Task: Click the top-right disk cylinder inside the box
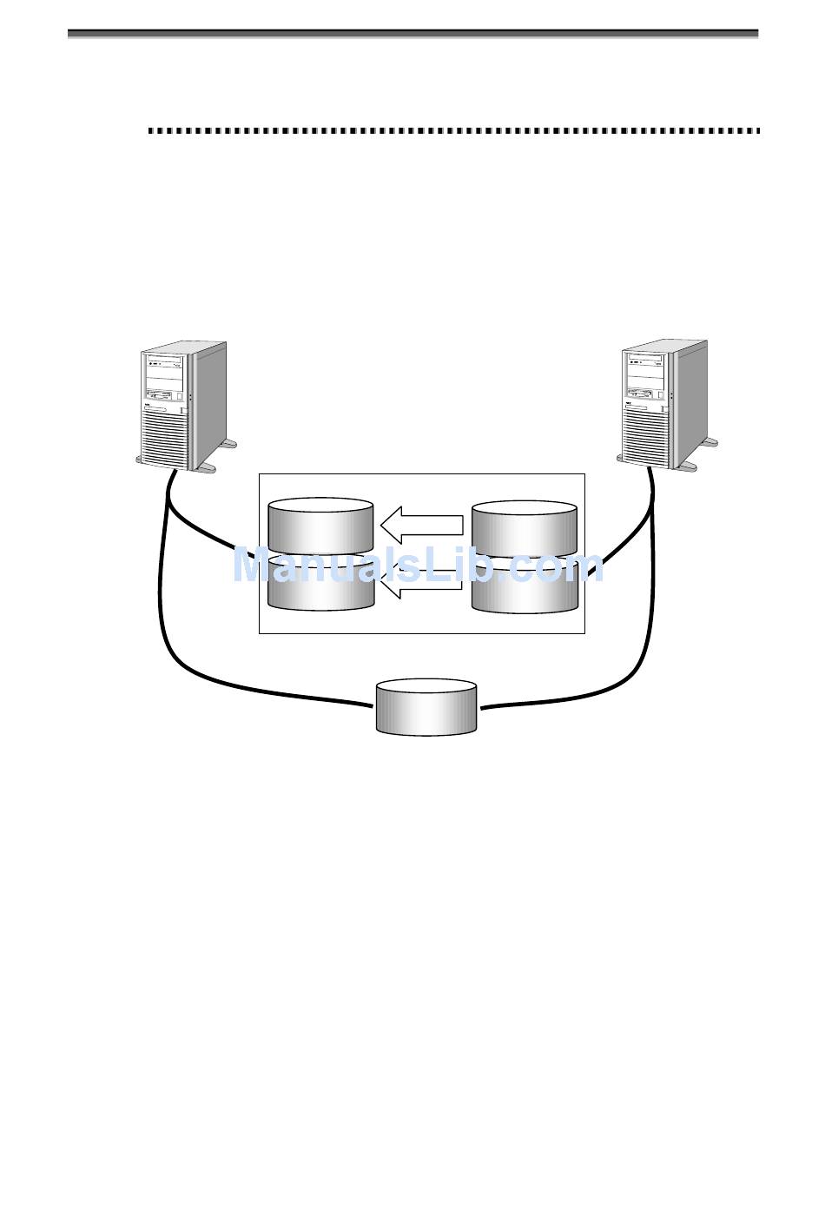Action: coord(524,526)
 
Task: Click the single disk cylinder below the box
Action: coord(426,707)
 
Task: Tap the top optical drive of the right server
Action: coord(645,360)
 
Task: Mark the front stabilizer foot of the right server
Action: coord(686,466)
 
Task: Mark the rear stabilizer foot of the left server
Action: coord(228,445)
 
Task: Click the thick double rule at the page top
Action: coord(413,34)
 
